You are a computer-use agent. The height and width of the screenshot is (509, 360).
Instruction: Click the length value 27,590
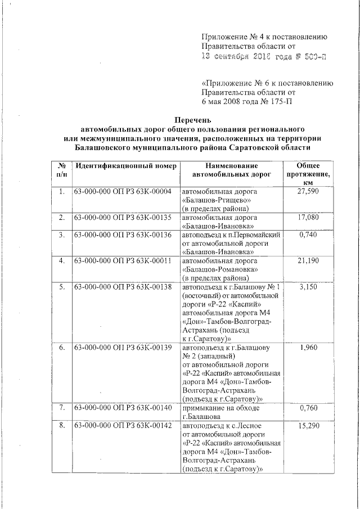click(309, 192)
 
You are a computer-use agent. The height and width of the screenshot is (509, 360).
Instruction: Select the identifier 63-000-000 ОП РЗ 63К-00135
click(122, 217)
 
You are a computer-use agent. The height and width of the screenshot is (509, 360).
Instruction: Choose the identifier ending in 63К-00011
click(122, 260)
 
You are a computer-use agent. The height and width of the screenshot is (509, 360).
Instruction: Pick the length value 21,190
click(309, 260)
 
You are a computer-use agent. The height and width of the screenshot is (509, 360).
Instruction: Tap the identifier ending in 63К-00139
click(122, 346)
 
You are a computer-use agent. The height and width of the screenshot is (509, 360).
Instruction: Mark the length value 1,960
click(309, 346)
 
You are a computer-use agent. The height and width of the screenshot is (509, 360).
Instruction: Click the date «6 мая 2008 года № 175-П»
click(247, 101)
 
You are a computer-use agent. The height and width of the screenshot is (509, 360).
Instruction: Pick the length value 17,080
click(309, 217)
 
